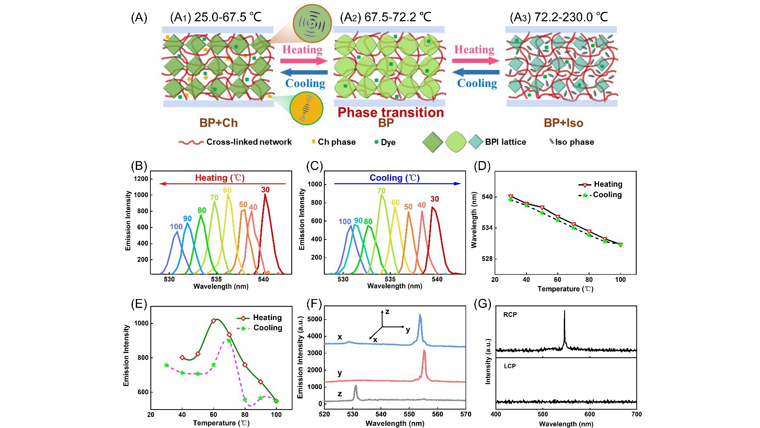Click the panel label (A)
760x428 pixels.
(x=139, y=18)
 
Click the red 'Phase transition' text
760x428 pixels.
(x=390, y=113)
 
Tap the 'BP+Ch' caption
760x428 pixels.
(x=218, y=123)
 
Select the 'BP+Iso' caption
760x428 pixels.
(x=563, y=123)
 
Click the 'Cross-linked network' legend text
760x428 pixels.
(x=248, y=142)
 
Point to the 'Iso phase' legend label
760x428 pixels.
(x=574, y=142)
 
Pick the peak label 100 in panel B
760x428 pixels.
(x=176, y=227)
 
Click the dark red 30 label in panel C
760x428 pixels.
(x=434, y=199)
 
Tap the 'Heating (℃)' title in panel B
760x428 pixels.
(x=220, y=178)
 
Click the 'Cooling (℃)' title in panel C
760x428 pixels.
(x=395, y=178)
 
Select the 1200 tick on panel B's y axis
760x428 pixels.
(x=141, y=179)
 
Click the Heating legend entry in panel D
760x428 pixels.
(x=607, y=184)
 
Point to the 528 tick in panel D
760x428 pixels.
(x=488, y=259)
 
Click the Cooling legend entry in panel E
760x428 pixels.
(x=267, y=328)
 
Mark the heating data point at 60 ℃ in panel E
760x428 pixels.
(x=214, y=321)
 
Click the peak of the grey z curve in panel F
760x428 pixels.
(x=356, y=386)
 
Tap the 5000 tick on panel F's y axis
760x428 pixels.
(x=314, y=320)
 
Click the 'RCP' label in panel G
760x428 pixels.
(x=510, y=314)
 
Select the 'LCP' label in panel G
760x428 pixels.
(x=509, y=366)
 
